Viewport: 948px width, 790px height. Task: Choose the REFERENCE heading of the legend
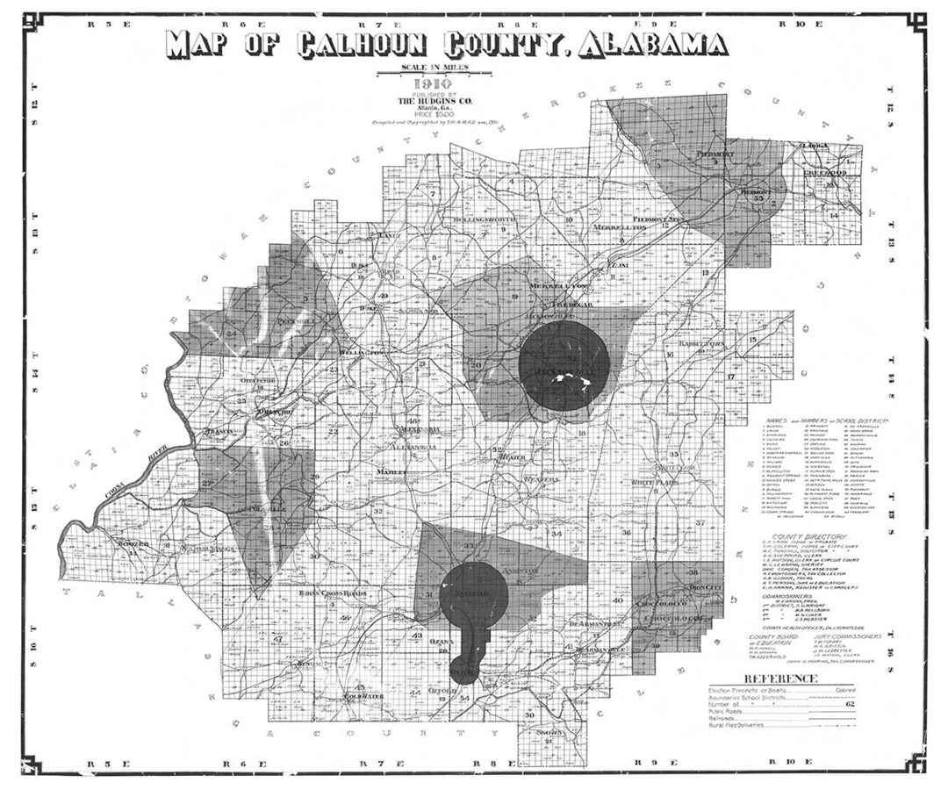780,679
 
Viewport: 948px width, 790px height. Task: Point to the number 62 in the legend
849,703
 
